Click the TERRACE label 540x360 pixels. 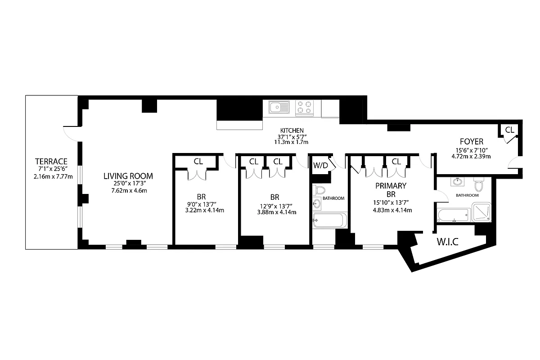point(51,161)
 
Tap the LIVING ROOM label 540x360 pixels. point(128,176)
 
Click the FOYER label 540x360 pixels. point(471,141)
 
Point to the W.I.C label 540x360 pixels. point(447,242)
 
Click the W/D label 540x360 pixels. point(320,165)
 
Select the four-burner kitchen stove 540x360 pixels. point(304,108)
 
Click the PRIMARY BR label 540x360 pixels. point(391,190)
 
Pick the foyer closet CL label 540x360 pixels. point(509,130)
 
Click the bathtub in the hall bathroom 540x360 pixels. point(330,221)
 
